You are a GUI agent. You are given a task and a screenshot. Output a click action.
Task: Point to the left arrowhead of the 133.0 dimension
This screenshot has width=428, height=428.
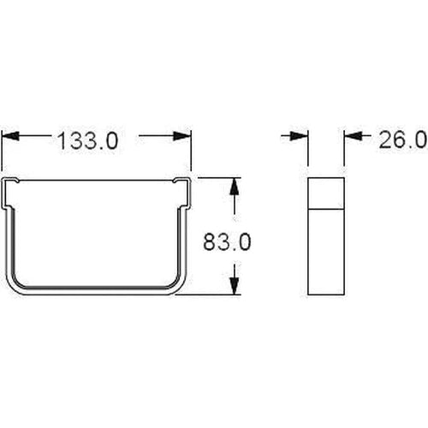9,136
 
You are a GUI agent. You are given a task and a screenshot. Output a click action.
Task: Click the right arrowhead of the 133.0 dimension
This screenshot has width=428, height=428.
182,136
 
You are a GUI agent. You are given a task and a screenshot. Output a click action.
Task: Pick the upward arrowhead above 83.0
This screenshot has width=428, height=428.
232,186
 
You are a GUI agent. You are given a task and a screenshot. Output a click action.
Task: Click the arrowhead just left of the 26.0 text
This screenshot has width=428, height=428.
352,136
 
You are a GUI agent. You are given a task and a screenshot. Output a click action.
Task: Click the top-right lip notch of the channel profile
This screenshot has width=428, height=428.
180,183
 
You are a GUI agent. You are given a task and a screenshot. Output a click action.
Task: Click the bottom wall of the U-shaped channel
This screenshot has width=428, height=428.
96,289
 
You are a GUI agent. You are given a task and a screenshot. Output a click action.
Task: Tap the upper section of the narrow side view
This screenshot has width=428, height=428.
326,192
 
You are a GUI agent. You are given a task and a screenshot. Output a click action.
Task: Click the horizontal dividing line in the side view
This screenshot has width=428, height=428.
326,207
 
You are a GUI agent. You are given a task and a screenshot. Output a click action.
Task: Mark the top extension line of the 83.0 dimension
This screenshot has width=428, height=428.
218,178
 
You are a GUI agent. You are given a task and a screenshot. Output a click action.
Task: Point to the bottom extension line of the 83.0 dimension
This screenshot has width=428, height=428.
214,294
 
